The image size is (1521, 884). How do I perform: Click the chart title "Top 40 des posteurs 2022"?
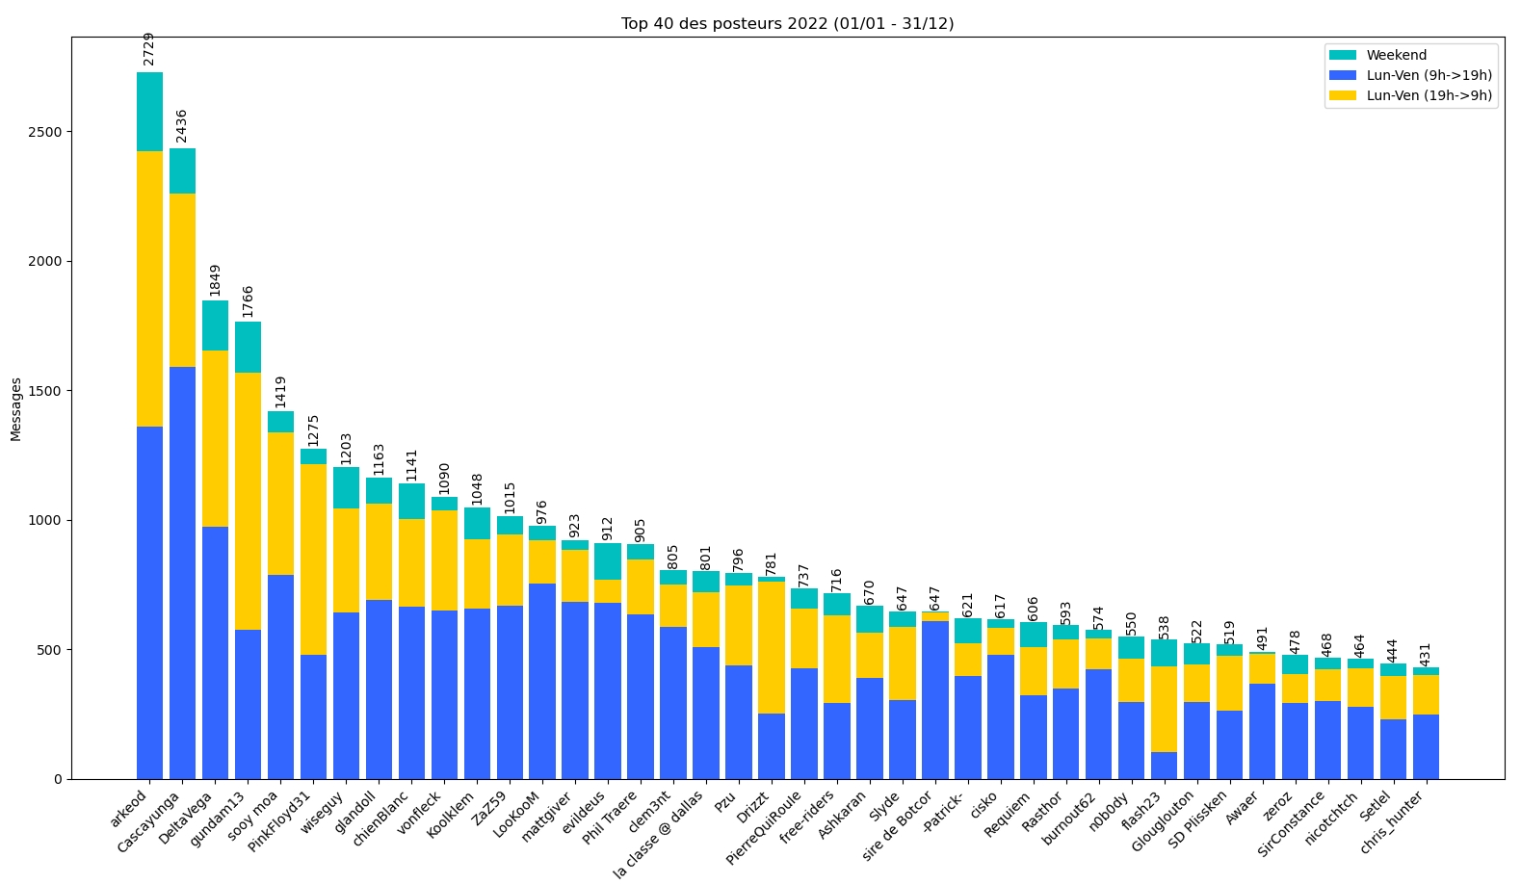pos(787,24)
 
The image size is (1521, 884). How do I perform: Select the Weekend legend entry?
pos(1396,56)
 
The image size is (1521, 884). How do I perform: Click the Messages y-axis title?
pos(16,409)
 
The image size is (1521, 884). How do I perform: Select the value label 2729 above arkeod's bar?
pos(149,49)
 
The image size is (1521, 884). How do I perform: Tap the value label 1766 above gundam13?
pos(249,301)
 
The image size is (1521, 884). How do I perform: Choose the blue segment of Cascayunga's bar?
pos(182,573)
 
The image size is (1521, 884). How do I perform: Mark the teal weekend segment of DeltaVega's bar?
pos(215,325)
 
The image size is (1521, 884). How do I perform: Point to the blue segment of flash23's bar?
pos(1164,766)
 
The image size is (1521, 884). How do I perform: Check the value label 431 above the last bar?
pos(1426,655)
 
